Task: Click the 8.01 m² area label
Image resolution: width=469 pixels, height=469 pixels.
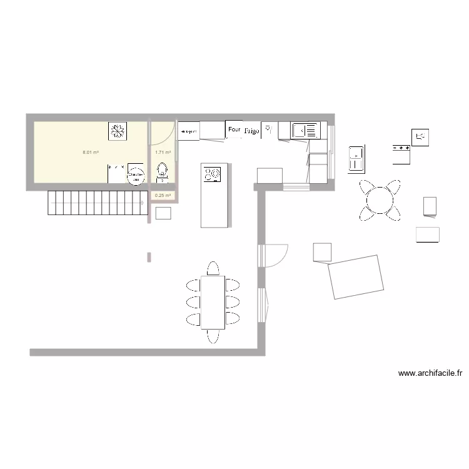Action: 91,152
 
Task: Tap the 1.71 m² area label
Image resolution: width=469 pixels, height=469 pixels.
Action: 163,152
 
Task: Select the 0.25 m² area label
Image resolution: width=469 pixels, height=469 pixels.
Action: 163,195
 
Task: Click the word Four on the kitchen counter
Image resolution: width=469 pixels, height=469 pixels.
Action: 234,129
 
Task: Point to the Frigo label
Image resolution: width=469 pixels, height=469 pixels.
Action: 251,131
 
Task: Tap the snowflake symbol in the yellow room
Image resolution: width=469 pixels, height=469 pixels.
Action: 117,130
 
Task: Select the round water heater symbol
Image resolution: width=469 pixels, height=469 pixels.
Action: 134,174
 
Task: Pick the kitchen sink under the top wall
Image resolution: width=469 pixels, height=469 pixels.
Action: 305,130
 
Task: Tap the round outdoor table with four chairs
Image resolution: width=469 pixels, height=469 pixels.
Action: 380,200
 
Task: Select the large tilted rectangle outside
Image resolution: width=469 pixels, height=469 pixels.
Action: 356,276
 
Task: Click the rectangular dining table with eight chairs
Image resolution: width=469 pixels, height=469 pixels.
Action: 213,302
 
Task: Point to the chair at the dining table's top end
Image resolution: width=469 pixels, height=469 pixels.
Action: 213,269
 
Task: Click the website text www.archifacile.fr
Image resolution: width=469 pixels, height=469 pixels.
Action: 430,373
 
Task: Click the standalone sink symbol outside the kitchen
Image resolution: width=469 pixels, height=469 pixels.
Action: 356,158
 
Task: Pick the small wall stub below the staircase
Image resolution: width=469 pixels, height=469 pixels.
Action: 149,256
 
